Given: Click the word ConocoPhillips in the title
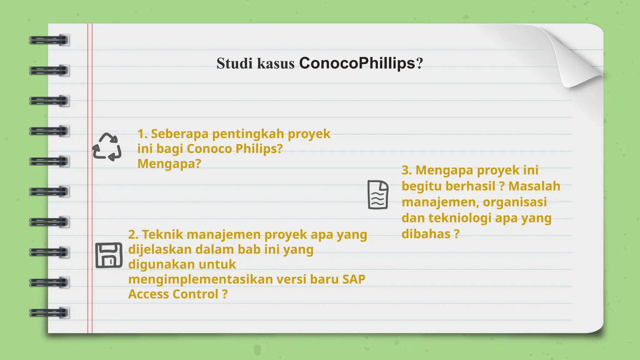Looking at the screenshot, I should (x=357, y=63).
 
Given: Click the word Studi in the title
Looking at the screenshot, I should (x=234, y=63).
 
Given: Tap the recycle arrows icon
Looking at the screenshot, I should (x=107, y=147).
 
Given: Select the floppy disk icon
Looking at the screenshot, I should (x=109, y=255).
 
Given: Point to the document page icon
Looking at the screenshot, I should (x=378, y=195).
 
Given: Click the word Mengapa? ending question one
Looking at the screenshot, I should (x=169, y=164).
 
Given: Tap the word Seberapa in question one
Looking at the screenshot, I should (x=180, y=134).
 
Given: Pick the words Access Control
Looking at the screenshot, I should (x=173, y=294).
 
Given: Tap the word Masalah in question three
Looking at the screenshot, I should (x=534, y=186).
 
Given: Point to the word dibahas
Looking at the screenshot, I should (x=426, y=234).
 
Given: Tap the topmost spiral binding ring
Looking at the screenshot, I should (x=49, y=40).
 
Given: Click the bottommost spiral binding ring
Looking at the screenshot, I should (x=49, y=312).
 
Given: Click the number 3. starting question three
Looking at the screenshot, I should (x=407, y=171).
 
